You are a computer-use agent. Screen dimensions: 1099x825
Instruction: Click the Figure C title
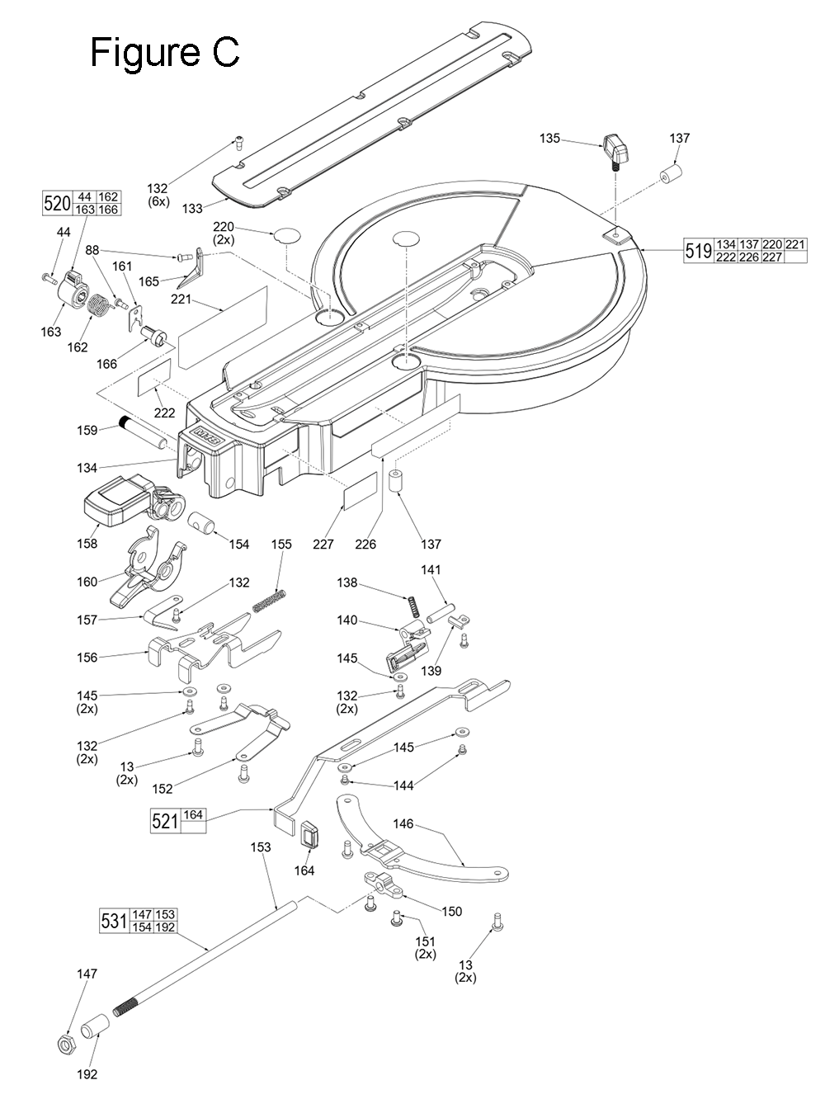[x=164, y=52]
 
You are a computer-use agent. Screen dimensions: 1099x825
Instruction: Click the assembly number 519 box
[x=698, y=251]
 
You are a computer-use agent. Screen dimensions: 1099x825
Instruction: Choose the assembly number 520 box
[x=57, y=203]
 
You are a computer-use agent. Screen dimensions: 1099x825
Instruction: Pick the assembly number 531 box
[x=114, y=920]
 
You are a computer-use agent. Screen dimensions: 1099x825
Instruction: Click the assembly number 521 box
[x=165, y=821]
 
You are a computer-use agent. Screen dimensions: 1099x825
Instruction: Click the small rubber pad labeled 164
[x=311, y=835]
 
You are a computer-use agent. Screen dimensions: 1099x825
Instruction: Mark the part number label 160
[x=87, y=582]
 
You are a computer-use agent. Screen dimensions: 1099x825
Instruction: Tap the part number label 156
[x=87, y=658]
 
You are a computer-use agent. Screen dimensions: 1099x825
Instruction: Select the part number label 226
[x=365, y=544]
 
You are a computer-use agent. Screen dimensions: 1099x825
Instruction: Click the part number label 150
[x=451, y=912]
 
